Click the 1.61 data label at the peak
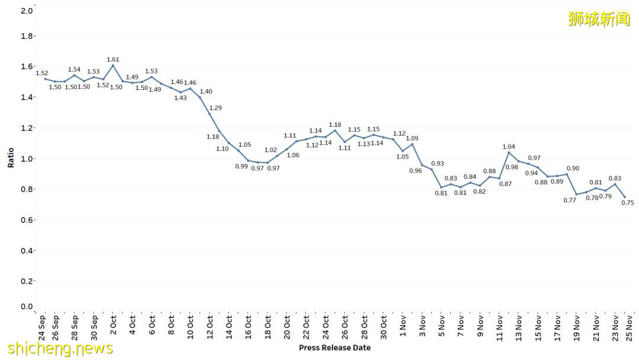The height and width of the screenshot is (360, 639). [113, 59]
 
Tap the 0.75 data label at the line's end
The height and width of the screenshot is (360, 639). [628, 202]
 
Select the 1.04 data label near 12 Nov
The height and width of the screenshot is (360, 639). [509, 146]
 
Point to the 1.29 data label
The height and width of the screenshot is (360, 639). [215, 108]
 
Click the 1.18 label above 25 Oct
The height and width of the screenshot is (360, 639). [335, 124]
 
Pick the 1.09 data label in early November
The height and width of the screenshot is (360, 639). [412, 138]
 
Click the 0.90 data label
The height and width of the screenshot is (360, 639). [573, 168]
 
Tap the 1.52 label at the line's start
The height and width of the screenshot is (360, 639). [41, 73]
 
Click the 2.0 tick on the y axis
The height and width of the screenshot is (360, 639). [27, 11]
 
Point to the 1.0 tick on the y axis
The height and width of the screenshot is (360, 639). [27, 159]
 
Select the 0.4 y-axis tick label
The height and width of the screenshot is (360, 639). [27, 251]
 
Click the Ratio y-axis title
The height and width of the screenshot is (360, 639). [11, 158]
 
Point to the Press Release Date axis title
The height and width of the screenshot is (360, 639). [335, 348]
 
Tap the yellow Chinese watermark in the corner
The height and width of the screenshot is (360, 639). [599, 19]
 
